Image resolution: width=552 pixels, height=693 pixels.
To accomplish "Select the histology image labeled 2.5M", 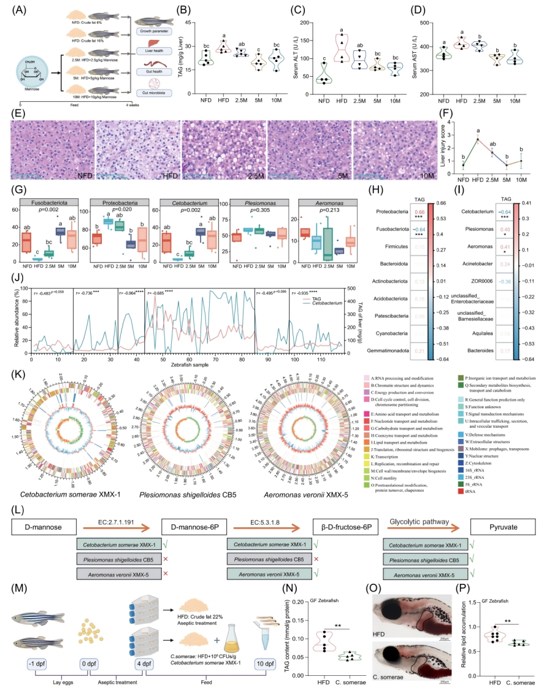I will (x=224, y=150).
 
